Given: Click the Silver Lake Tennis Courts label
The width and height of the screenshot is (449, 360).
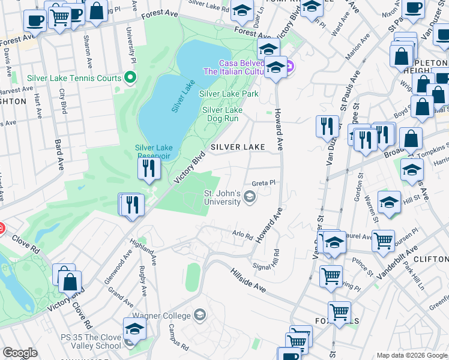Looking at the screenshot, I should (74, 78).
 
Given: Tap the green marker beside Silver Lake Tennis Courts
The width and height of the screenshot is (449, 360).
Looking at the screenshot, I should (129, 77).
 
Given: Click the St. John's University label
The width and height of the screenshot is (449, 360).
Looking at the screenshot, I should (223, 197).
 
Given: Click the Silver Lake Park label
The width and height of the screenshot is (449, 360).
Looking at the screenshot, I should (229, 94).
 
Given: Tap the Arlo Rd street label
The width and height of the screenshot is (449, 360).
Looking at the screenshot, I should (243, 235).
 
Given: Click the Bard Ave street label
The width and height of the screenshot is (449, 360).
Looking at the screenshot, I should (58, 155).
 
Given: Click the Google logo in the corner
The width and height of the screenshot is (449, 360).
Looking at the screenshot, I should (20, 353).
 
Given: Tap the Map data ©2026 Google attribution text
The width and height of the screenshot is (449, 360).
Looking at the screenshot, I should (412, 355).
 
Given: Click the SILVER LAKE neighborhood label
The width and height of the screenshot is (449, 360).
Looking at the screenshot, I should (237, 147).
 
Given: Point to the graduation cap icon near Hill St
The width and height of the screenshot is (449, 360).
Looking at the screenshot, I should (389, 203).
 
